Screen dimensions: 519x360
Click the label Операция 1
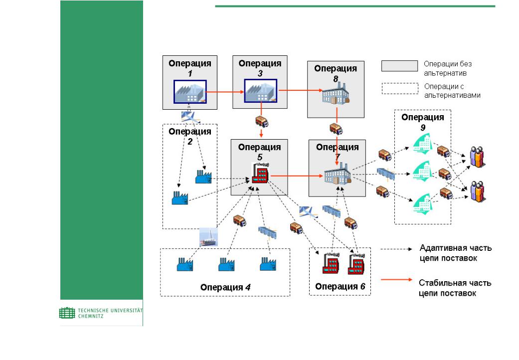[189, 68]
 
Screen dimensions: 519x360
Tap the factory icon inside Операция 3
[260, 91]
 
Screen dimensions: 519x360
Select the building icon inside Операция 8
[336, 94]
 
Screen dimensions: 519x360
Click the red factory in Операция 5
[260, 172]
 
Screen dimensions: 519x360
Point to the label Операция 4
[225, 287]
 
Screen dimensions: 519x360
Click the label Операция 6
[340, 287]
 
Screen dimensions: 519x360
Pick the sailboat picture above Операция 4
[208, 237]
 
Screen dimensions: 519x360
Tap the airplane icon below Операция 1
[190, 117]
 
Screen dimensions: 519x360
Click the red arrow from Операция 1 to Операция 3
[225, 92]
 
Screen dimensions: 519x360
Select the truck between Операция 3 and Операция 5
[262, 122]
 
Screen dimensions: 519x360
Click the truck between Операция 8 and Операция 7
[336, 129]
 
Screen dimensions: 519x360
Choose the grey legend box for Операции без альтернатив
[399, 66]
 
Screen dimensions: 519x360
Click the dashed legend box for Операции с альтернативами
[400, 88]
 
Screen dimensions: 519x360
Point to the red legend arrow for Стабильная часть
[396, 280]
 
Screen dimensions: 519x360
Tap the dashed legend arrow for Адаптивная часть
[396, 249]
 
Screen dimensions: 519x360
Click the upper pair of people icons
[477, 157]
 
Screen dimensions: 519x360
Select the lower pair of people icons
[478, 191]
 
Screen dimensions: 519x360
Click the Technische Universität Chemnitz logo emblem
[67, 313]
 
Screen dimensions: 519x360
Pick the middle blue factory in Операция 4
[226, 264]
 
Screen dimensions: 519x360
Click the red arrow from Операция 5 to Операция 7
[297, 176]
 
